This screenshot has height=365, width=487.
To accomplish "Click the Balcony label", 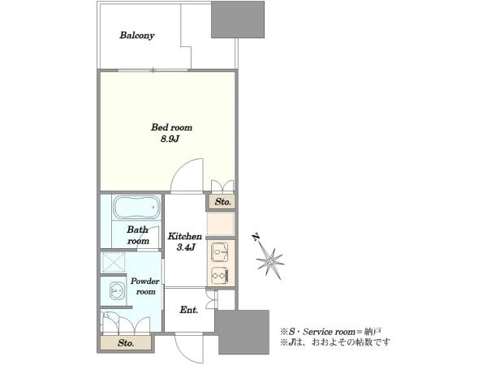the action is point(137,36).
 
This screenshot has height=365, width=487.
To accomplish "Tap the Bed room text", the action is point(171,127).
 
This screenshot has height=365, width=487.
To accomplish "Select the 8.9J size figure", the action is point(170,139).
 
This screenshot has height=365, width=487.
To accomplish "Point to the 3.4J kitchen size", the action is point(186,247).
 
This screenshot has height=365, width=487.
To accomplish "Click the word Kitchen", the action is point(185,236).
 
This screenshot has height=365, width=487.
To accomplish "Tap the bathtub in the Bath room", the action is point(136,208).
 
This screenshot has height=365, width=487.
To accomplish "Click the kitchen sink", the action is point(220,251).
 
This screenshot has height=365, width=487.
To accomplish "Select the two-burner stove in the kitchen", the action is point(220,276).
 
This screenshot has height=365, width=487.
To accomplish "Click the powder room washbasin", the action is point(117,291).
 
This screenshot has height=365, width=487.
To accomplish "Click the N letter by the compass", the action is point(256,238).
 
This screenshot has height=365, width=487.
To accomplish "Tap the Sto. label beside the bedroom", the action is point(223,202).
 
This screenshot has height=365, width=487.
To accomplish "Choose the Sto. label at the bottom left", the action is point(126,343).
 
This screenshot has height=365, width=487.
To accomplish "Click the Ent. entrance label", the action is point(188,310).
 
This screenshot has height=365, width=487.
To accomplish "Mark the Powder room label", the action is point(145,286).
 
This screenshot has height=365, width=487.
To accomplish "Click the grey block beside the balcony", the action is point(238,19).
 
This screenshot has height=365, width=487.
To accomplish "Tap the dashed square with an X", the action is point(114,262).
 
